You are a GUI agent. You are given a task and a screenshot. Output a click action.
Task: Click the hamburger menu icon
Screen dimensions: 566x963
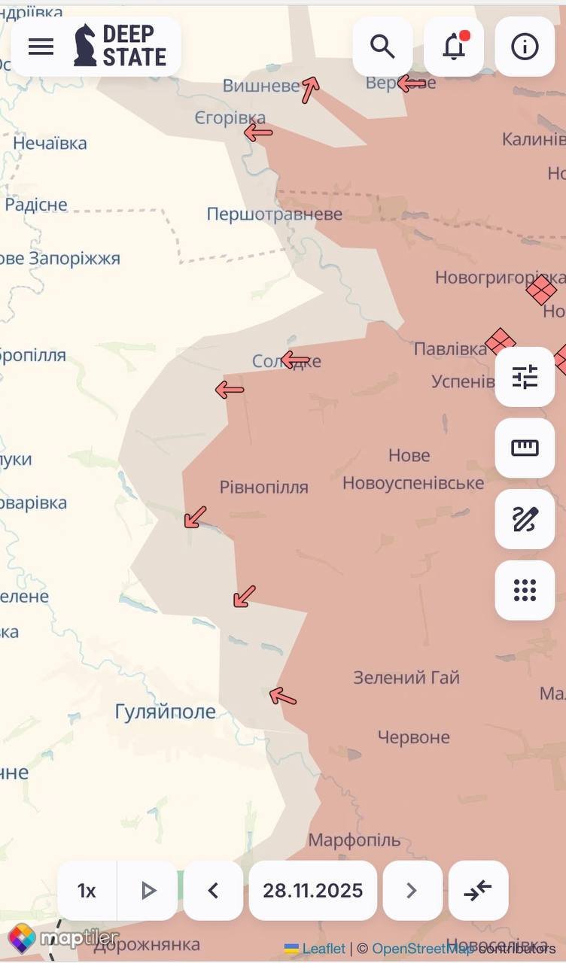[41, 47]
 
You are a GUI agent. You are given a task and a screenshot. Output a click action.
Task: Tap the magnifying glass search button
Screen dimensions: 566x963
[382, 47]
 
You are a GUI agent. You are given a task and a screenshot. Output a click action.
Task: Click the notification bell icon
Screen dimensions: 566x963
[454, 47]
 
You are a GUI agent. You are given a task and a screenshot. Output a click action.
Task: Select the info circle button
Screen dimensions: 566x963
[525, 47]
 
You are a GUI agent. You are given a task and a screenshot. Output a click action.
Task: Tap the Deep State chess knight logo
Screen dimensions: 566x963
[85, 45]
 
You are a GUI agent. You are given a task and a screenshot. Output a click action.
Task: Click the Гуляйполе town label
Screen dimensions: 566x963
[166, 711]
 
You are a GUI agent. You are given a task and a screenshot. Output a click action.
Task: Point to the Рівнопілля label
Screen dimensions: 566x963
[264, 487]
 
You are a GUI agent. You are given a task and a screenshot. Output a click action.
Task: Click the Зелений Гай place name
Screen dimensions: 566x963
[406, 677]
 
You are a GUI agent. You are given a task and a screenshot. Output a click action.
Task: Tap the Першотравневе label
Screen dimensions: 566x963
[275, 214]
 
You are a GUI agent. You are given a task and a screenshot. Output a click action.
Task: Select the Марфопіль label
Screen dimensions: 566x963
[355, 840]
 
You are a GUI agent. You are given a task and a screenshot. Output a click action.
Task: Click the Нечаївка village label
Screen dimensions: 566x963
[50, 143]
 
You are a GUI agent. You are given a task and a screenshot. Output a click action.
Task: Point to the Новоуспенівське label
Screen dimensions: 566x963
[413, 482]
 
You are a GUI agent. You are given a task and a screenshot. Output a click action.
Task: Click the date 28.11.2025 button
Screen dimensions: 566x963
[312, 891]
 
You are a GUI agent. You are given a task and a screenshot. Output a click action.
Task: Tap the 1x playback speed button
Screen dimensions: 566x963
[87, 891]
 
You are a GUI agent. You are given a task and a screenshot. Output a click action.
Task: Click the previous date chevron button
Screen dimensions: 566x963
[213, 891]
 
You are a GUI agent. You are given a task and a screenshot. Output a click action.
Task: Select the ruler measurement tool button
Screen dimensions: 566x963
[525, 448]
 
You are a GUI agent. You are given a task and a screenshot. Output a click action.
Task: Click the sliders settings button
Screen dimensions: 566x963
[525, 376]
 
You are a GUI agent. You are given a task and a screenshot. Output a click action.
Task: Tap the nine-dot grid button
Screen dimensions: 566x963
[525, 590]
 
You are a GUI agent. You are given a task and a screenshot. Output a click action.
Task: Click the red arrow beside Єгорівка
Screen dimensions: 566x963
[258, 133]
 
